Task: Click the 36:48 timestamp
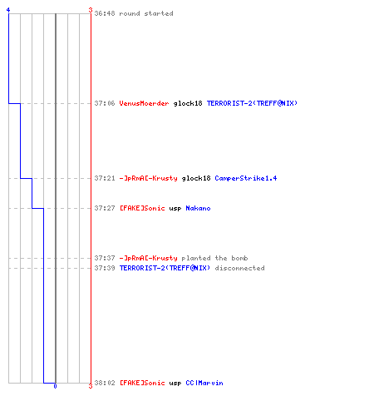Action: (105, 13)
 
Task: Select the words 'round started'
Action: (146, 13)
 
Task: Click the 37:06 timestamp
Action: (105, 103)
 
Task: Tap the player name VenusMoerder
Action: (144, 103)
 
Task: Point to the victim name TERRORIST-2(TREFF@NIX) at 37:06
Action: (252, 103)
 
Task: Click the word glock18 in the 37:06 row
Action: (188, 103)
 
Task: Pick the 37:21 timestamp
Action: (105, 178)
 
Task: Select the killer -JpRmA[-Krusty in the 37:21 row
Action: (148, 178)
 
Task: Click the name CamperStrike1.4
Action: (246, 178)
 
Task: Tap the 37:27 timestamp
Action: (105, 208)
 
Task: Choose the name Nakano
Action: (198, 208)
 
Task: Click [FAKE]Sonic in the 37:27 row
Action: (142, 208)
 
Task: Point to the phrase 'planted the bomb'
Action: (214, 258)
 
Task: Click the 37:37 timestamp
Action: (105, 258)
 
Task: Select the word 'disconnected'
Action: (240, 268)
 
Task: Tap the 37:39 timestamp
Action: (105, 268)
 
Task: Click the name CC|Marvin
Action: (204, 383)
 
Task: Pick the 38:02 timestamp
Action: (105, 383)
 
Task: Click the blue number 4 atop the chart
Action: (8, 10)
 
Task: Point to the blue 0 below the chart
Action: (55, 386)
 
